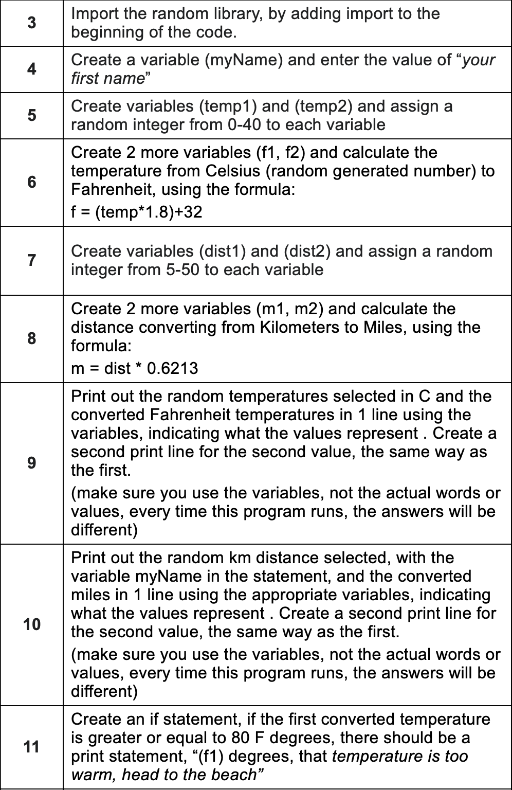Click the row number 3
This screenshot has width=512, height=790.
pos(32,23)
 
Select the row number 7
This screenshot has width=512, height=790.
pos(32,260)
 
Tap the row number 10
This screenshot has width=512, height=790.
pos(32,624)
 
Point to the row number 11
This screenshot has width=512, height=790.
pos(32,747)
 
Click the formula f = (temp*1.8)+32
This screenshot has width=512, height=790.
pos(136,212)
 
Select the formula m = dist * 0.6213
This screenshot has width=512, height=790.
pos(134,368)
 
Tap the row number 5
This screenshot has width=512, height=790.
pos(32,116)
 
